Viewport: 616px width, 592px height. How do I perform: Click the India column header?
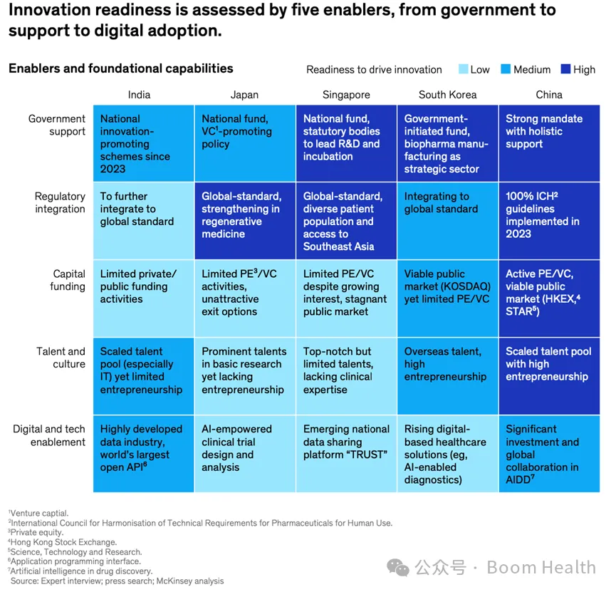[139, 95]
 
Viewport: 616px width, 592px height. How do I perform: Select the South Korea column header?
[447, 95]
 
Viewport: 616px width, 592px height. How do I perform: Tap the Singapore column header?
[346, 95]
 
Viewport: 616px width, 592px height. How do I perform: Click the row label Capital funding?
[68, 280]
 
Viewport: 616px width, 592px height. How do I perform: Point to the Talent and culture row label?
[61, 358]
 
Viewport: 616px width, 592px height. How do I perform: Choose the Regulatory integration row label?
[60, 202]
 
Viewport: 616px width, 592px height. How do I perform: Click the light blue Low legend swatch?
[461, 69]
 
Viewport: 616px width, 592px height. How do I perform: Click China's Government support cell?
[549, 143]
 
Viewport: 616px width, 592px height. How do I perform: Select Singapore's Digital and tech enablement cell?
[346, 454]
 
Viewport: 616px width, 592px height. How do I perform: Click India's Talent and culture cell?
[143, 376]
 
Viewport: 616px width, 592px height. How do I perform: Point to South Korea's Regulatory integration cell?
[447, 221]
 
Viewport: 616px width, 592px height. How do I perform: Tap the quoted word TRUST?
[368, 455]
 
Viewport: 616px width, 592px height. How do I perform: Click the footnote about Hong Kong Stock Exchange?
[57, 542]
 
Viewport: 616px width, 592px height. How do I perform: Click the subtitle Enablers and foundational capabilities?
[121, 68]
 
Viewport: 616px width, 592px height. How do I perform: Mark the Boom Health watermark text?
[541, 568]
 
